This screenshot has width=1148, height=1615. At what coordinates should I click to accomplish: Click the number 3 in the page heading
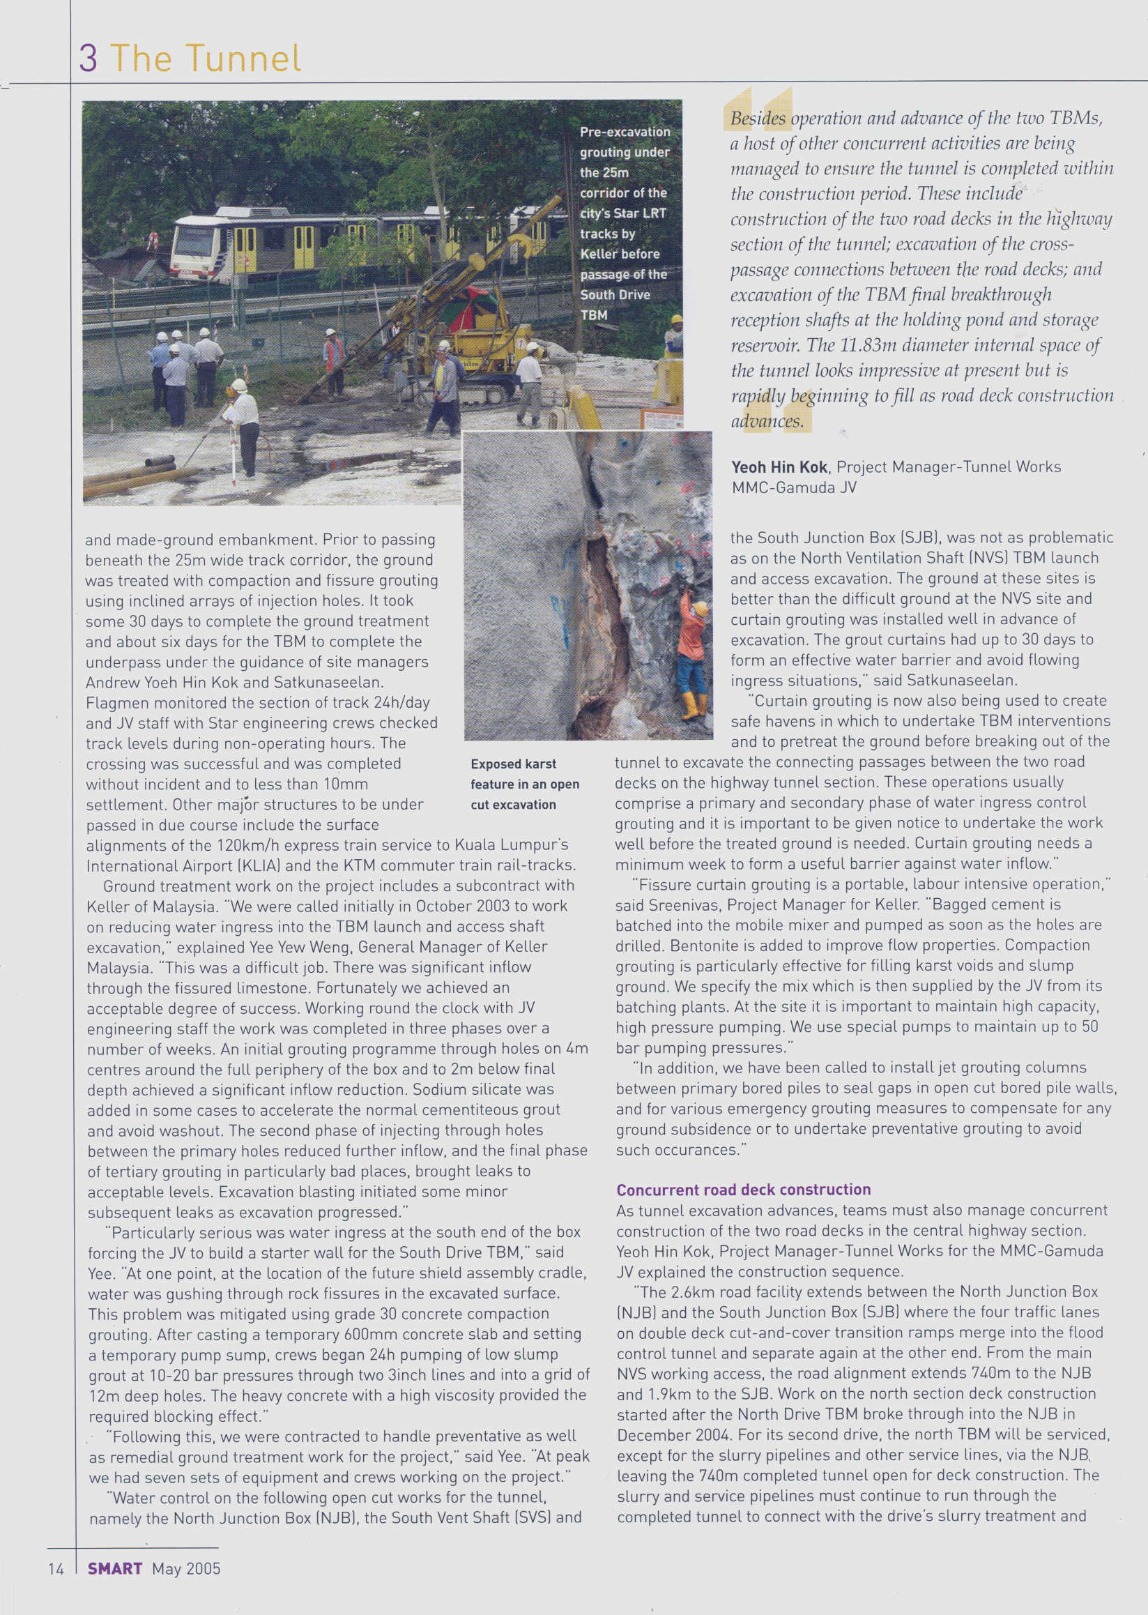pyautogui.click(x=89, y=58)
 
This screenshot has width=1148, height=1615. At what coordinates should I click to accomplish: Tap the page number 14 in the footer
pyautogui.click(x=56, y=1569)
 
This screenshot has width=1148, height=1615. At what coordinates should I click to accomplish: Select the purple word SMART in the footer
pyautogui.click(x=114, y=1569)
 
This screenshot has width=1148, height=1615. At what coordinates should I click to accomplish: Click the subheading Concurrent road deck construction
pyautogui.click(x=743, y=1190)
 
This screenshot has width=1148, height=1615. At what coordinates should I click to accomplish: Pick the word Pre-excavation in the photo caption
pyautogui.click(x=625, y=132)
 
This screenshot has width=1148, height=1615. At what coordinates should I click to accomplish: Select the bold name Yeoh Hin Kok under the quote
pyautogui.click(x=779, y=467)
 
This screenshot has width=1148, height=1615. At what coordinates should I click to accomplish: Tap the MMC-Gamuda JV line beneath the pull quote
pyautogui.click(x=793, y=487)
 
